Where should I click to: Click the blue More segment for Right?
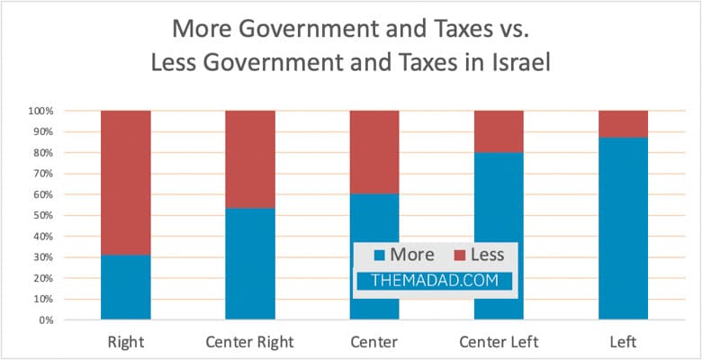tap(125, 287)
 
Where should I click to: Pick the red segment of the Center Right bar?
tap(249, 159)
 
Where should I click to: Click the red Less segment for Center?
tap(374, 152)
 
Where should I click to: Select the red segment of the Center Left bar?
tap(499, 131)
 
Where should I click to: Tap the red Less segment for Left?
tap(623, 124)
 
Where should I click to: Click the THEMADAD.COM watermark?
tap(434, 280)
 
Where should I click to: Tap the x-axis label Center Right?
tap(249, 342)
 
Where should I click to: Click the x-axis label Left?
tap(623, 342)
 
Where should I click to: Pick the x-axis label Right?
tap(125, 342)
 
